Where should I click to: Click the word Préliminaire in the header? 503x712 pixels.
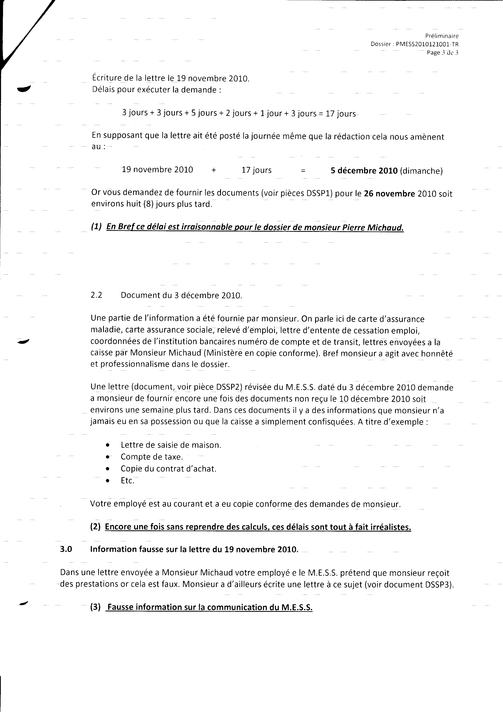click(442, 36)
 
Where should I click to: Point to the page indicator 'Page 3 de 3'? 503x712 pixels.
click(442, 52)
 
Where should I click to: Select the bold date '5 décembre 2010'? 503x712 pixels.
click(364, 170)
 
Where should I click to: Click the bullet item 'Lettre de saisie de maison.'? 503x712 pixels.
click(171, 445)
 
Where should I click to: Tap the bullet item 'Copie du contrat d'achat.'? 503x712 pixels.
click(168, 469)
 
